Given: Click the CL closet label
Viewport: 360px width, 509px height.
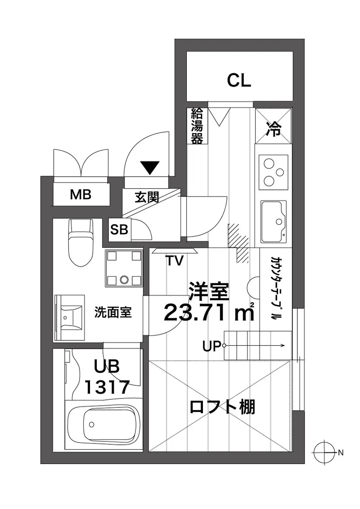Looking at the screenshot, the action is click(x=239, y=80).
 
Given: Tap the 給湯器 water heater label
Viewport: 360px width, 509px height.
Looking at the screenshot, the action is click(x=197, y=126).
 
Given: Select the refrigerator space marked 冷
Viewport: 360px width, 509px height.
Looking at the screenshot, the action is click(x=273, y=126).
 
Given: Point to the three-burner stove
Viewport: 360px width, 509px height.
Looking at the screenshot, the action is click(x=274, y=172).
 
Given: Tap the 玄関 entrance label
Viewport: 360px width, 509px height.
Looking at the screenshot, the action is click(x=147, y=197).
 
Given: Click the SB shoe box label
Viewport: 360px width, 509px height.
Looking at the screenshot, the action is click(x=119, y=230).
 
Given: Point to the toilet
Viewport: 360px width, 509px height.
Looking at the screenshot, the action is click(x=81, y=242).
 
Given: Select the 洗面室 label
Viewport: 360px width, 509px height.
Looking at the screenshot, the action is click(x=113, y=313).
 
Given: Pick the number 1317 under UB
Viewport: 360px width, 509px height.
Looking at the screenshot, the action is click(x=107, y=387).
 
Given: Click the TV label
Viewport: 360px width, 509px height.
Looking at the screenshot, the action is click(x=175, y=260).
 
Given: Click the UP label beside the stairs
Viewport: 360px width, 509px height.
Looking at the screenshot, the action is click(x=211, y=346).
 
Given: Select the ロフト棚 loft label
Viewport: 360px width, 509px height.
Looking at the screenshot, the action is click(x=222, y=407).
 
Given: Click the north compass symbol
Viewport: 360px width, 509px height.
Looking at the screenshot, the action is click(x=324, y=452).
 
